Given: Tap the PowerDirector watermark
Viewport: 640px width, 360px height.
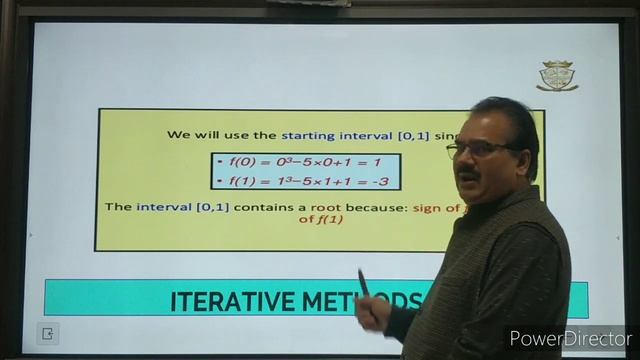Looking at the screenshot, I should (x=570, y=338).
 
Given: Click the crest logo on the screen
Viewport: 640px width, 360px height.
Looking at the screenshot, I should (x=557, y=76).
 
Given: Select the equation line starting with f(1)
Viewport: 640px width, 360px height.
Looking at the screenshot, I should (x=307, y=181).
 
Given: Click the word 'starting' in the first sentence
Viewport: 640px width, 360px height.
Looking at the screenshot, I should (x=307, y=134).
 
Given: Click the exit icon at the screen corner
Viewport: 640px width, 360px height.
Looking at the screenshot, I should (x=46, y=333).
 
